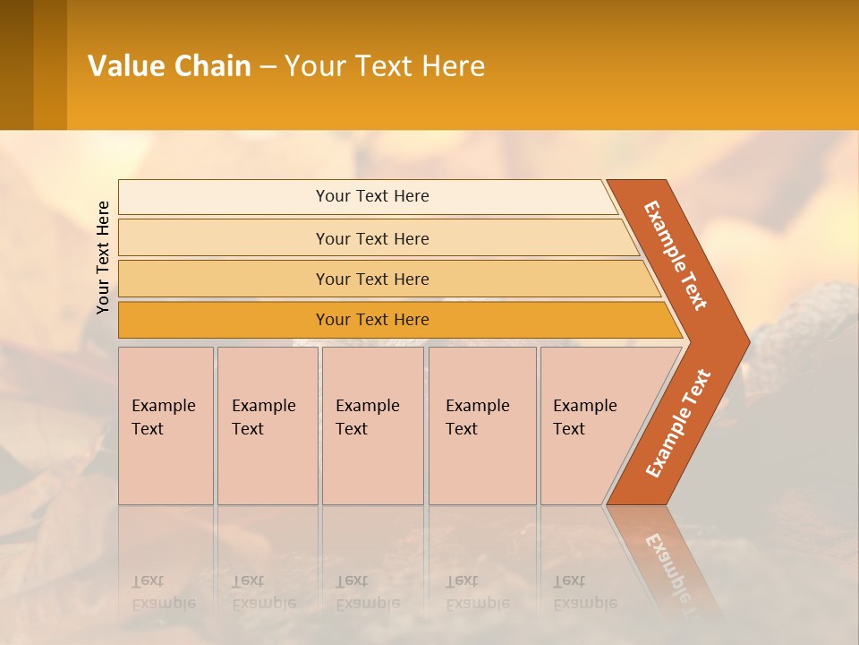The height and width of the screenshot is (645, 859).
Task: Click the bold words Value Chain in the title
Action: point(169,66)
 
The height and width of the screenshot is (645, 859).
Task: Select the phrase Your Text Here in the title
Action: point(385,66)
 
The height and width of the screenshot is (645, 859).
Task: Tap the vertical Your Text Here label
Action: point(103,257)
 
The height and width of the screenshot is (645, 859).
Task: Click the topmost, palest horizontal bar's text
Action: point(372,196)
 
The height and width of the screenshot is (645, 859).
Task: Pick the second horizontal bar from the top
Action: point(372,238)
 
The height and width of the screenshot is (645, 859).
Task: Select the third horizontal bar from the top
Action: point(372,279)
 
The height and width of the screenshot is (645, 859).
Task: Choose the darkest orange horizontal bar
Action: point(372,320)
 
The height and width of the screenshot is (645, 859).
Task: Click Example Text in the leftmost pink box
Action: point(163,417)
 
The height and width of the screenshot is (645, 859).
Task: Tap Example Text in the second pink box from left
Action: point(263,417)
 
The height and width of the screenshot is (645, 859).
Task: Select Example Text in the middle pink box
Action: point(367,417)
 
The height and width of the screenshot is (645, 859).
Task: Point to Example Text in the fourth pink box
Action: point(477,417)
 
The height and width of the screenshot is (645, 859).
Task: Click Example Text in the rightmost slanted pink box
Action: point(584,417)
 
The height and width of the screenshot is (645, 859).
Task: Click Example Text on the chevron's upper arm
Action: point(676,255)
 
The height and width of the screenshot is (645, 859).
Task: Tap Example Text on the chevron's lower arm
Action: point(678,424)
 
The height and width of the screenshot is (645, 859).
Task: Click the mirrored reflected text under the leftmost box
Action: point(163,592)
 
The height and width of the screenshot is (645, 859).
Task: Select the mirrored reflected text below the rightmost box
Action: point(584,592)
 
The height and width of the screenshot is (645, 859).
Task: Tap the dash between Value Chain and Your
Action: point(268,67)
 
